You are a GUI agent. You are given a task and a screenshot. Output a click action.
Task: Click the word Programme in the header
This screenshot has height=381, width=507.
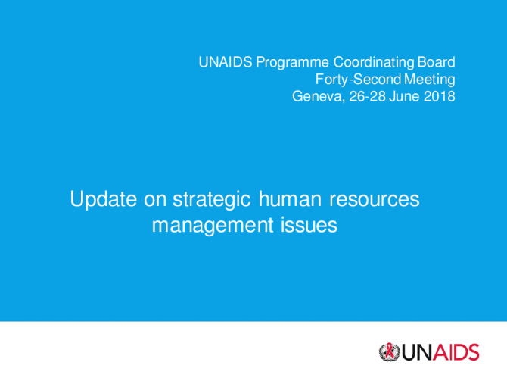292,63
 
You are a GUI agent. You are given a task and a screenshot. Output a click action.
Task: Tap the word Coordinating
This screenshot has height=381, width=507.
374,63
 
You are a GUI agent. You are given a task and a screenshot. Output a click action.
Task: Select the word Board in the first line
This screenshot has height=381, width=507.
436,62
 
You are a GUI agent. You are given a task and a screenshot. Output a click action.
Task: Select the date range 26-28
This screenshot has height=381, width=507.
367,96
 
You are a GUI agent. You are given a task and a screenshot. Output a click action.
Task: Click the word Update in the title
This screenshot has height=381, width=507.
104,200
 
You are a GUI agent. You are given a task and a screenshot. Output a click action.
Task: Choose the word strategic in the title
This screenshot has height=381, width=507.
212,200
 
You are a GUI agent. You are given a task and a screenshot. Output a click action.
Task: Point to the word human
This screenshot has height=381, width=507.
290,198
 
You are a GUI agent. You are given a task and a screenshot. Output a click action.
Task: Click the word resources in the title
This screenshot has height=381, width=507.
375,200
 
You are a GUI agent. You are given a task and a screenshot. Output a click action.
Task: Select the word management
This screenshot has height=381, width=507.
213,226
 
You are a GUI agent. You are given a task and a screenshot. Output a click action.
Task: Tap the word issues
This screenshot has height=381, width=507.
309,225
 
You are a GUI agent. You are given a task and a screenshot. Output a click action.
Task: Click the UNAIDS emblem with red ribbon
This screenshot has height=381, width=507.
389,352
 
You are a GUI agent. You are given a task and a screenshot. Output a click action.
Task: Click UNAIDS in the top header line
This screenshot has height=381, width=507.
226,62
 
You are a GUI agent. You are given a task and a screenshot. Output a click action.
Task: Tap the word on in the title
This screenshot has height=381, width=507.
155,201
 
